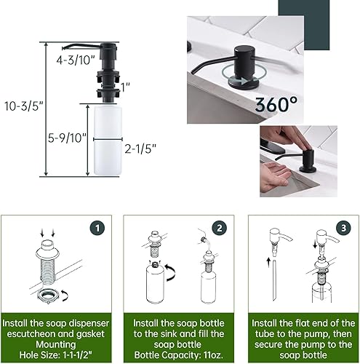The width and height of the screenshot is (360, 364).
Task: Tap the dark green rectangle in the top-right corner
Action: coord(325,25)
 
